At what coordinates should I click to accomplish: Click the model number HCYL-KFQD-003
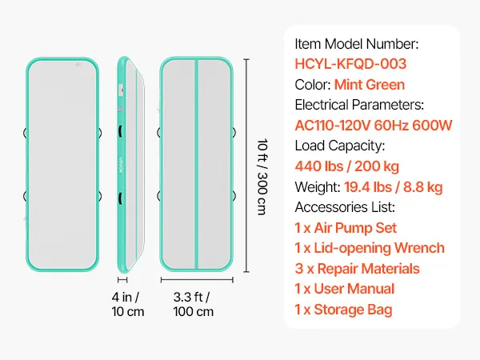[350, 64]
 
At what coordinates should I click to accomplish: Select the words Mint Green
[370, 85]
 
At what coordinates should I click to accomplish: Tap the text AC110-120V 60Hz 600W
[374, 126]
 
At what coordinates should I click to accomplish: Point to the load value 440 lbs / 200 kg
[347, 166]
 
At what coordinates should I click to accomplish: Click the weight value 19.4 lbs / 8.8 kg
[394, 187]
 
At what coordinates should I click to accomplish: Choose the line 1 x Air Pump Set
[346, 228]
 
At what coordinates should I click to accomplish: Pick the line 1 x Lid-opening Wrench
[370, 248]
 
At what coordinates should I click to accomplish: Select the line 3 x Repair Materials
[357, 269]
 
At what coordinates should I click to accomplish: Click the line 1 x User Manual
[345, 289]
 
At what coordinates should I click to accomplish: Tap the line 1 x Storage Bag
[343, 310]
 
